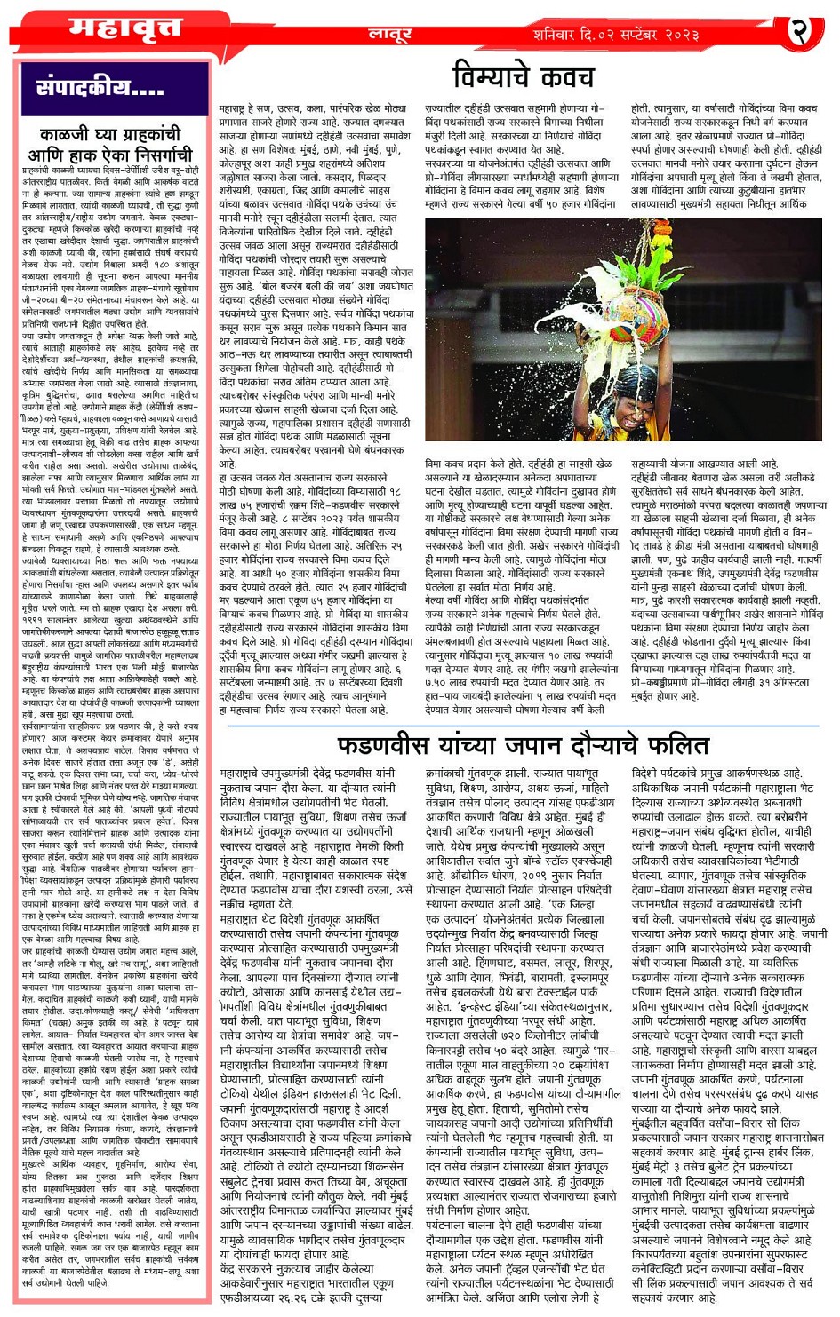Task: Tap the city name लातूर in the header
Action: (389, 35)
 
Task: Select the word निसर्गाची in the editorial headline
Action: (151, 154)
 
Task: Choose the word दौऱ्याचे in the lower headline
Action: (607, 744)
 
